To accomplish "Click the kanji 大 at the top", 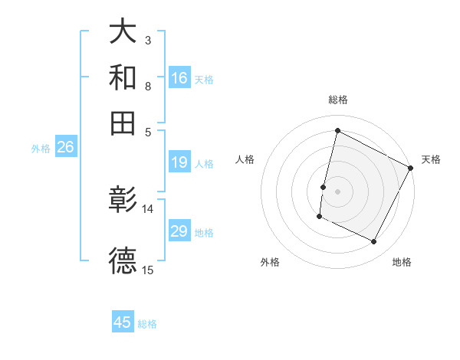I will click(x=123, y=32).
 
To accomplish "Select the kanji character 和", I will click(x=123, y=77).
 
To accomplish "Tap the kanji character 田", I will click(x=123, y=122).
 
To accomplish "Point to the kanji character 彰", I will click(x=123, y=200).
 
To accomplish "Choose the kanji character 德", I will click(x=123, y=260).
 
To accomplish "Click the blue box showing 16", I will click(x=179, y=77).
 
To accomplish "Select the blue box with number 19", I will click(x=179, y=162).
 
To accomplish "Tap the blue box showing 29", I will click(x=179, y=231).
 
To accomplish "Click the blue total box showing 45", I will click(x=123, y=322).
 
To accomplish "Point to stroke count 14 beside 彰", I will click(x=148, y=208).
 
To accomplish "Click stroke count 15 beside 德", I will click(x=148, y=270).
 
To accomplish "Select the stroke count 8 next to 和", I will click(x=148, y=86).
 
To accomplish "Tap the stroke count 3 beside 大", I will click(x=148, y=40).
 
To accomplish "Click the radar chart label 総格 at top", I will click(x=338, y=100).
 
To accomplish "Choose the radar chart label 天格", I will click(x=431, y=159).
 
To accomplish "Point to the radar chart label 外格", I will click(x=271, y=262).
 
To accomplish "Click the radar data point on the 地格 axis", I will click(x=374, y=242).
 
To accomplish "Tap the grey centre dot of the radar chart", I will click(x=338, y=190).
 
